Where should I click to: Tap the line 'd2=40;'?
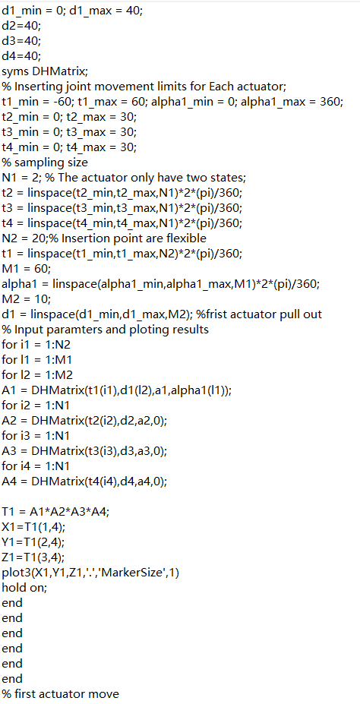pyautogui.click(x=21, y=25)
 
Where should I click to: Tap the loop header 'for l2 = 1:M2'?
pyautogui.click(x=37, y=375)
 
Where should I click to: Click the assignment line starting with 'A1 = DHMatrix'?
pyautogui.click(x=117, y=390)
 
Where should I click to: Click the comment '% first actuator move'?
pyautogui.click(x=61, y=693)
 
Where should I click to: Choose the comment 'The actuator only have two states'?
pyautogui.click(x=150, y=178)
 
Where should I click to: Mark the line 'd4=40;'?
pyautogui.click(x=21, y=55)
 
